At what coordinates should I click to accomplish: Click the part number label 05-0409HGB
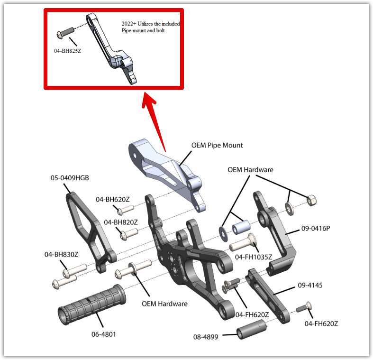[x=70, y=178]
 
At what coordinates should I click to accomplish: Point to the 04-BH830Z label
[x=61, y=254]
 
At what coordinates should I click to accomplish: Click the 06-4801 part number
[x=104, y=334]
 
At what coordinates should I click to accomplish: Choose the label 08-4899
[x=206, y=337]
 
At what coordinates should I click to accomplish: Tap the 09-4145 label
[x=310, y=286]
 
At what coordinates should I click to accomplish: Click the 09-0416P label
[x=315, y=229]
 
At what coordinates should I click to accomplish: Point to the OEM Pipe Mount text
[x=217, y=145]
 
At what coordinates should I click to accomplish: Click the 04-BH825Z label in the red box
[x=67, y=50]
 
